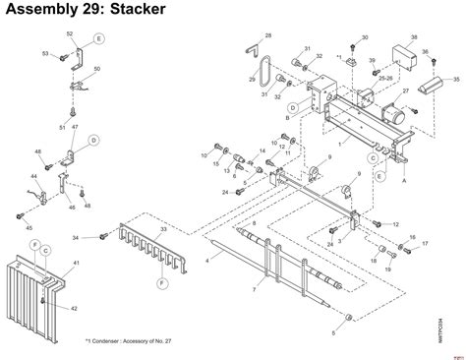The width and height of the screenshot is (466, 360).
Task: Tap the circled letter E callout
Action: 98,40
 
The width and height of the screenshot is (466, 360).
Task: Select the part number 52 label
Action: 70,33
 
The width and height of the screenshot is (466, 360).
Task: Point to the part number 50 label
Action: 95,70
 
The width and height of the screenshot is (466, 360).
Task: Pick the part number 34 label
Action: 76,238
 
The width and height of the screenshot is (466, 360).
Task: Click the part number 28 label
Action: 268,35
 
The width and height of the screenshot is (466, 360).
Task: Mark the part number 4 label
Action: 207,260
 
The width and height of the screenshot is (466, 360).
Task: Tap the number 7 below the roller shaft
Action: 254,289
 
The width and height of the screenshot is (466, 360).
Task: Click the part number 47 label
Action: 75,128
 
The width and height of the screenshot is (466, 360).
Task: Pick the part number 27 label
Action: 405,90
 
